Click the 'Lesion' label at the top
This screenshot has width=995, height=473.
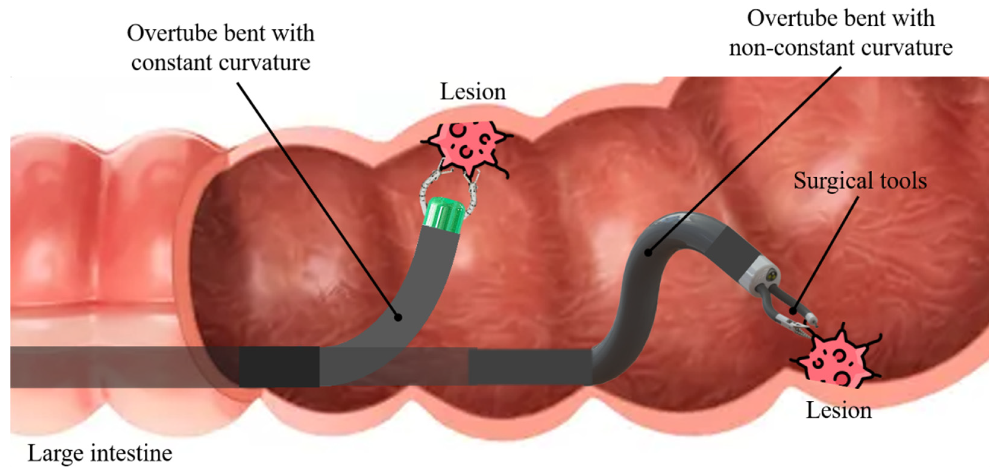pyautogui.click(x=473, y=92)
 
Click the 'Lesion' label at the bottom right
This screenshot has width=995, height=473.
pyautogui.click(x=838, y=410)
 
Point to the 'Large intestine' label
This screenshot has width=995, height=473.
pyautogui.click(x=100, y=454)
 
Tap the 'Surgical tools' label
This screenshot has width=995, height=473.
pyautogui.click(x=860, y=181)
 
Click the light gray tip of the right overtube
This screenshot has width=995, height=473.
pyautogui.click(x=759, y=275)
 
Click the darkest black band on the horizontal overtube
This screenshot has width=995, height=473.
pyautogui.click(x=279, y=366)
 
